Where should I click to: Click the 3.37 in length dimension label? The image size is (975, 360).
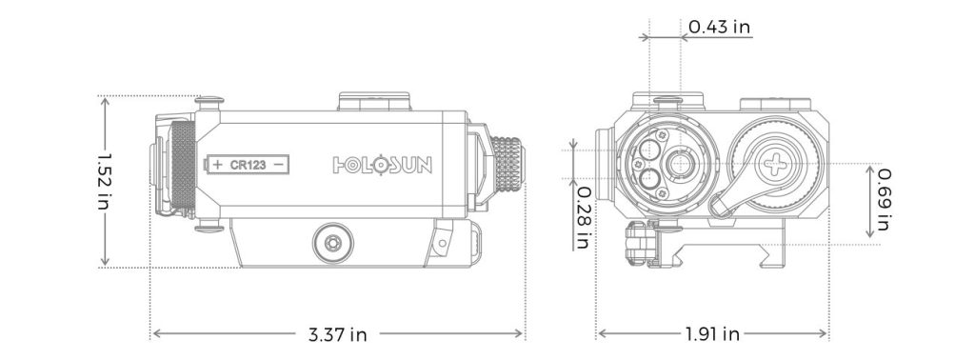click(x=338, y=334)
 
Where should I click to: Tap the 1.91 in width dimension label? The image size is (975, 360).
click(x=712, y=334)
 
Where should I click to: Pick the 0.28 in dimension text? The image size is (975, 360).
click(x=582, y=217)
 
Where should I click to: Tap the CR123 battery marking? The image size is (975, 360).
click(x=248, y=165)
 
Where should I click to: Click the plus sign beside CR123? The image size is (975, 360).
click(x=218, y=165)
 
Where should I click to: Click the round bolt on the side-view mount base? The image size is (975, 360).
click(x=333, y=241)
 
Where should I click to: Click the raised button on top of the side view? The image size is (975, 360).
click(x=375, y=101)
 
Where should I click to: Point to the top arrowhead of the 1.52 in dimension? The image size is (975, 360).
click(x=105, y=99)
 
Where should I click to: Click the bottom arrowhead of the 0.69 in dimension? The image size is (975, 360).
click(x=869, y=235)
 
